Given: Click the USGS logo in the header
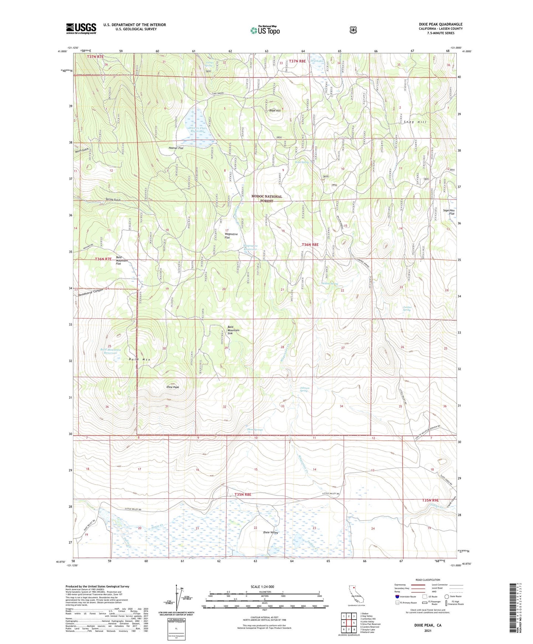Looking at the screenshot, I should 81,28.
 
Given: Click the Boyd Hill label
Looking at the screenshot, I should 274,111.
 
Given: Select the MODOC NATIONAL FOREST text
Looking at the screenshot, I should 267,198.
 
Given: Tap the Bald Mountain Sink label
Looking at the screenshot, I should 233,330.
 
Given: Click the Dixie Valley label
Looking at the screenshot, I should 270,532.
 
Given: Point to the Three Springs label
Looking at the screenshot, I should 255,430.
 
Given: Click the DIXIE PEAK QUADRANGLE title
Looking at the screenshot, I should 440,24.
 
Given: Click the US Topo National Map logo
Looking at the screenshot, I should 264,30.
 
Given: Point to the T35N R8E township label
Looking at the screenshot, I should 243,494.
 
